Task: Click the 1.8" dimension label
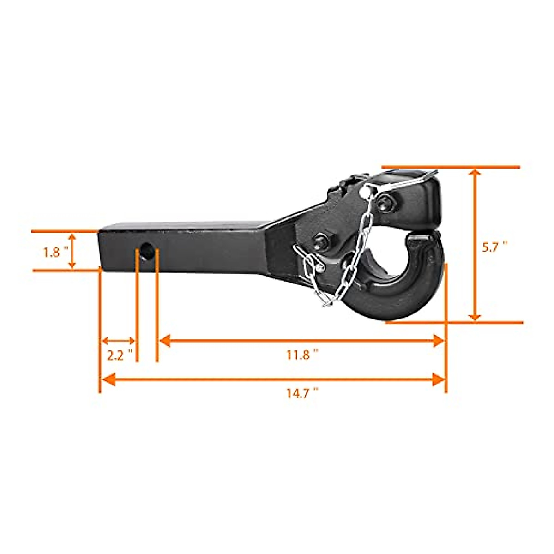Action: tap(56, 253)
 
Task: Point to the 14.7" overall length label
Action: tap(302, 394)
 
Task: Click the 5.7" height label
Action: tap(494, 247)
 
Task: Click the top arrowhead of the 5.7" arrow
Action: tap(475, 173)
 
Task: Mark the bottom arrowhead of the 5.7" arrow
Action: tap(475, 317)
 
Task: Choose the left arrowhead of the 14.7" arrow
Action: tap(107, 379)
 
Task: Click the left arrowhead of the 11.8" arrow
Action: tap(165, 341)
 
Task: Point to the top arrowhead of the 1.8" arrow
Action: tap(72, 237)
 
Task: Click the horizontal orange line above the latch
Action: tap(450, 167)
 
